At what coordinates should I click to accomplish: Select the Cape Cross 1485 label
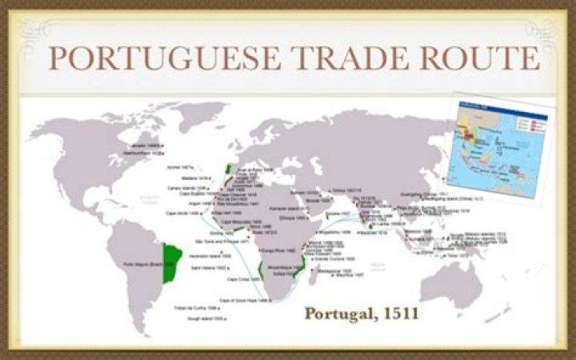click(243, 279)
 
